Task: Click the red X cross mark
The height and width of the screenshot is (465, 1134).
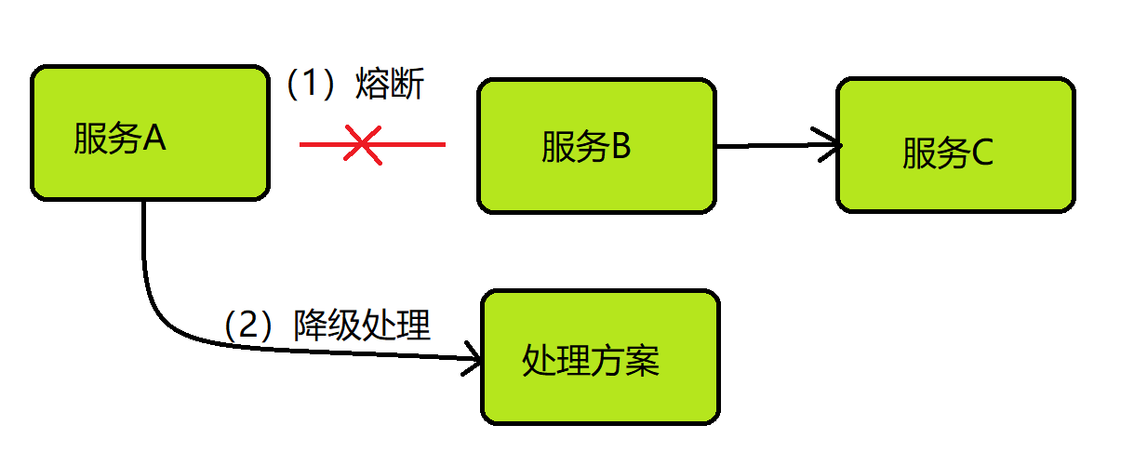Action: click(x=362, y=145)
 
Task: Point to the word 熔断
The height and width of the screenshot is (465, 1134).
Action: click(x=390, y=86)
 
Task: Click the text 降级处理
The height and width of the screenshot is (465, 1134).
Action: click(x=362, y=325)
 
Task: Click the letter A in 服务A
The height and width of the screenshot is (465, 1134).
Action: click(x=154, y=139)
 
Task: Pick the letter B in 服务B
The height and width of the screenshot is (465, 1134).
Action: click(x=620, y=147)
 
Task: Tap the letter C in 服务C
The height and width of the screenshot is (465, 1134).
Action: click(x=981, y=154)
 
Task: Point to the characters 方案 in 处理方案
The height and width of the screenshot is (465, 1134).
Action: click(x=625, y=360)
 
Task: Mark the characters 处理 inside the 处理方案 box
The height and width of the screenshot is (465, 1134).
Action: click(x=556, y=360)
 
